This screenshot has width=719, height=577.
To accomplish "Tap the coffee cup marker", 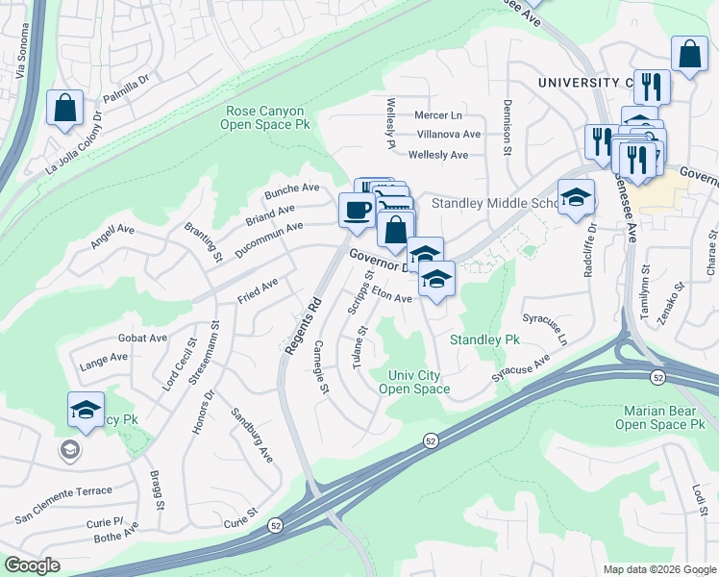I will [x=357, y=211].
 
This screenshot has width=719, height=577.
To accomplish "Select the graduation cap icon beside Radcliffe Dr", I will [x=576, y=198].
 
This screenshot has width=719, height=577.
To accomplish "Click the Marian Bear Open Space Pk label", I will [x=659, y=417].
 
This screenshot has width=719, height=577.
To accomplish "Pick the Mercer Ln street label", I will [x=438, y=115].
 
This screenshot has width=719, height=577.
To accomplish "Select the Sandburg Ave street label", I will [x=252, y=435].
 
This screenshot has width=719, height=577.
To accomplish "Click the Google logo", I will [x=32, y=565].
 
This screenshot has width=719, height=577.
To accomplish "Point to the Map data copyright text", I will [x=658, y=569].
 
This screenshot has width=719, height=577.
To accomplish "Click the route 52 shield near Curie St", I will [x=275, y=525].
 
